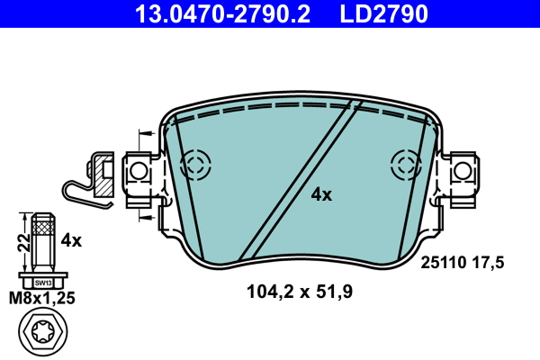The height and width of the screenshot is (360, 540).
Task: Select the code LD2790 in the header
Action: coord(382,13)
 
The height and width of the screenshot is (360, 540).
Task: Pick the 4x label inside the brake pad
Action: coord(321,194)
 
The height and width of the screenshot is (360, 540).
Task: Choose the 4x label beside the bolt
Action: coord(71,240)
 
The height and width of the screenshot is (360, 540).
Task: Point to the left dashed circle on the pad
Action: coord(195,165)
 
